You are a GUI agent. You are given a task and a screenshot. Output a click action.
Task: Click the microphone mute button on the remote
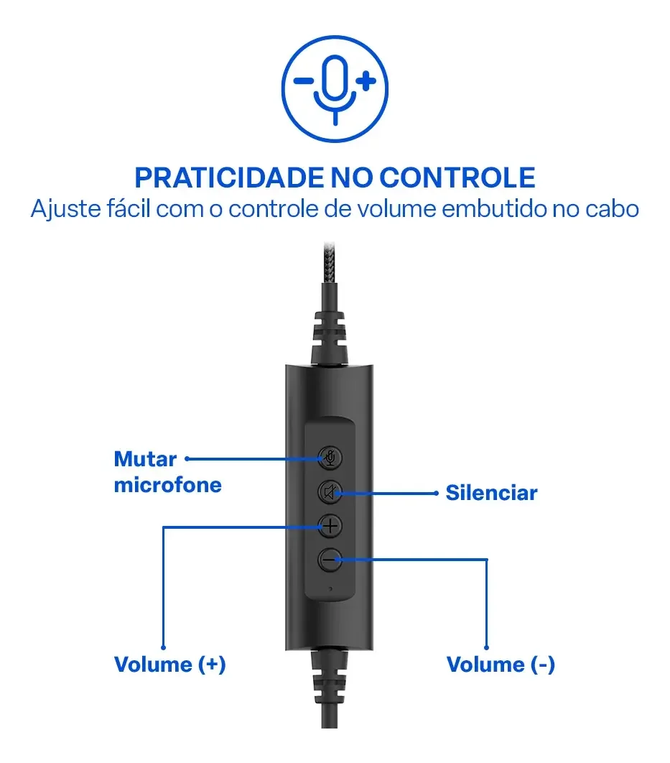click(x=330, y=458)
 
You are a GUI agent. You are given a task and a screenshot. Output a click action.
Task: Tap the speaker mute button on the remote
click(x=330, y=492)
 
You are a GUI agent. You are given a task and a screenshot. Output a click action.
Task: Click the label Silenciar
click(x=492, y=493)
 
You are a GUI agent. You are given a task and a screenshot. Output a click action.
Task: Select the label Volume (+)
click(x=169, y=665)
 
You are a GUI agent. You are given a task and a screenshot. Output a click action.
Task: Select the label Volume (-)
click(x=501, y=665)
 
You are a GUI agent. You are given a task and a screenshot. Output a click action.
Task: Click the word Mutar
click(x=145, y=459)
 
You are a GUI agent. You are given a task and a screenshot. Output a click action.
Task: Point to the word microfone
click(x=168, y=485)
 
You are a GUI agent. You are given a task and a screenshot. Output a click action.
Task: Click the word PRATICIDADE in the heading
click(x=228, y=177)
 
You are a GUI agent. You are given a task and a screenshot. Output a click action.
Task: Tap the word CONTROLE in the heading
click(x=457, y=177)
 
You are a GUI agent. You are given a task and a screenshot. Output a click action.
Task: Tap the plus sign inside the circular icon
click(x=366, y=80)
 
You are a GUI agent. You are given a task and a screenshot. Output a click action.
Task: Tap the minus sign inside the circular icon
click(x=304, y=80)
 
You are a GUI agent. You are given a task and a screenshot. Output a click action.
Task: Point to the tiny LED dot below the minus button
click(x=330, y=589)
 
